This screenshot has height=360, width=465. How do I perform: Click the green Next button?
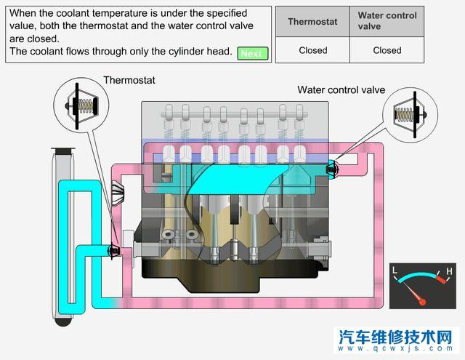[x=252, y=53]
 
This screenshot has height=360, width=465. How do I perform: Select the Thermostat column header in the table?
[x=312, y=21]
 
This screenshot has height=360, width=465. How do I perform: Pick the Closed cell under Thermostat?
[x=312, y=50]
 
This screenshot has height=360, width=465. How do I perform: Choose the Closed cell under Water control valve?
[x=387, y=50]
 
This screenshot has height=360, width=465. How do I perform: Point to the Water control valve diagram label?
[x=341, y=90]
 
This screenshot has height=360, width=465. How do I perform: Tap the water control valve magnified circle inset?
[x=409, y=115]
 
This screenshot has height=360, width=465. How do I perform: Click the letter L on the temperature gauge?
[x=395, y=271]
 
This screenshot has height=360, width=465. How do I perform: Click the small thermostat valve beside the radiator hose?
[x=113, y=251]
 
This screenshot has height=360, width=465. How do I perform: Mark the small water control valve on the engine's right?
[x=332, y=169]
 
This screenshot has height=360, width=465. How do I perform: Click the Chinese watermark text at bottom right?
[x=397, y=337]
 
